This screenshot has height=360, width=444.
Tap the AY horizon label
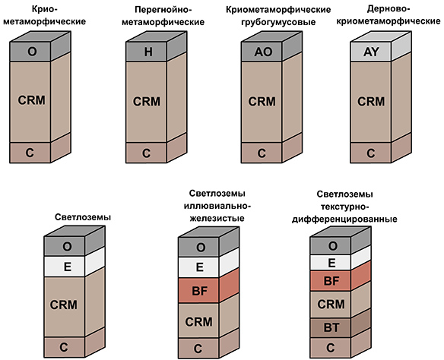click(x=370, y=52)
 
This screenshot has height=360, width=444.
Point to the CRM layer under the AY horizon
click(x=370, y=100)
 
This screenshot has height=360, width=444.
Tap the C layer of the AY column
click(x=370, y=152)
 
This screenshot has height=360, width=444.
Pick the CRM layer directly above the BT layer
click(x=331, y=303)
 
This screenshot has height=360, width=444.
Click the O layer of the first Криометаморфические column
click(x=32, y=52)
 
